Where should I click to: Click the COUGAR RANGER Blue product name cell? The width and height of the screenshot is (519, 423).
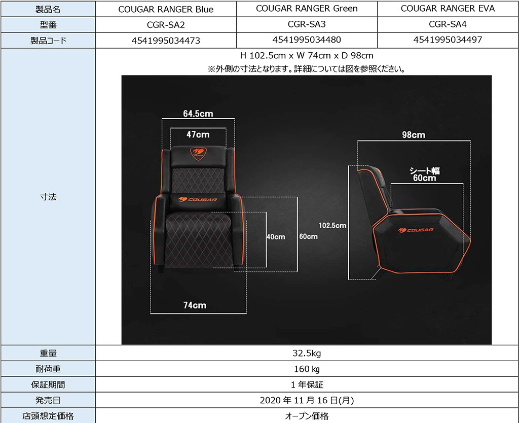(x=166, y=9)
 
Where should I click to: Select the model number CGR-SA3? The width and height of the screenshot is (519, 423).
(x=307, y=24)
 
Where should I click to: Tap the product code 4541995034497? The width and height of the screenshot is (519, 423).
(x=448, y=40)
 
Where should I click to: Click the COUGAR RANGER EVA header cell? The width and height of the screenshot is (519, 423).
(x=448, y=9)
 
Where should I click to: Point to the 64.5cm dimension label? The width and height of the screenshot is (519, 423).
(x=198, y=114)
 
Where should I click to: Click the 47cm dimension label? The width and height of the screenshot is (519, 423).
(x=198, y=134)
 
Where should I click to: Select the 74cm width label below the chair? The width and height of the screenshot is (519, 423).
(x=195, y=305)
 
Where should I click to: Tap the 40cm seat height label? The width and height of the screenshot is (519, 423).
(x=276, y=237)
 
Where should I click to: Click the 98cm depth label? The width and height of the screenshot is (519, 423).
(x=414, y=135)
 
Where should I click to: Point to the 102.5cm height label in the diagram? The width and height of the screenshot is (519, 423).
(x=332, y=226)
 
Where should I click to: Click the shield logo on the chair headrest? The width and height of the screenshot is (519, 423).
(x=198, y=153)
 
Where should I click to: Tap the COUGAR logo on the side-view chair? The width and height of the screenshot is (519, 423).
(x=416, y=230)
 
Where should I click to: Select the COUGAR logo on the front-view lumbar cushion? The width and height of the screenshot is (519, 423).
(x=198, y=199)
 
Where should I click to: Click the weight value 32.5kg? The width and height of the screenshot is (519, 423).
(x=307, y=353)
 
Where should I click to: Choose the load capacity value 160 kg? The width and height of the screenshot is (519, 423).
(x=307, y=369)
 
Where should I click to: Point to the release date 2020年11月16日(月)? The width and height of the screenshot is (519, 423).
(x=307, y=400)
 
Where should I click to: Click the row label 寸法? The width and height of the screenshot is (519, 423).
(x=48, y=197)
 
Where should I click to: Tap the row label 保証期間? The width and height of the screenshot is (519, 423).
(x=48, y=384)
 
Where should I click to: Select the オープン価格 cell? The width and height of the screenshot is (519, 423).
(x=307, y=416)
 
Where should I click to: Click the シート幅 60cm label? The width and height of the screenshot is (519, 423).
(x=425, y=174)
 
